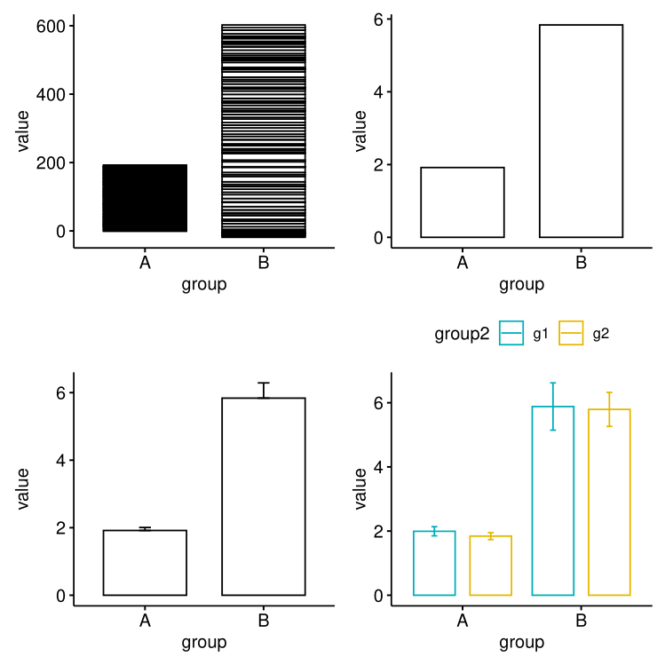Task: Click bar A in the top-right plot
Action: click(463, 202)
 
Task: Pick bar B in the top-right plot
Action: click(581, 131)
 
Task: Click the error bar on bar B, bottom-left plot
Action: click(264, 390)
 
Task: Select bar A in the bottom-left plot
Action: click(145, 563)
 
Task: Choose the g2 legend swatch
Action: click(571, 334)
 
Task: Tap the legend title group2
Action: click(462, 334)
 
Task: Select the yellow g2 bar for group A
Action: click(490, 566)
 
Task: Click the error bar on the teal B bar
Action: click(552, 407)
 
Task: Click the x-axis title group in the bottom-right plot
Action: click(521, 642)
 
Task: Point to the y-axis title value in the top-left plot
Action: click(24, 131)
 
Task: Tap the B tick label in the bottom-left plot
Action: click(264, 621)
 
